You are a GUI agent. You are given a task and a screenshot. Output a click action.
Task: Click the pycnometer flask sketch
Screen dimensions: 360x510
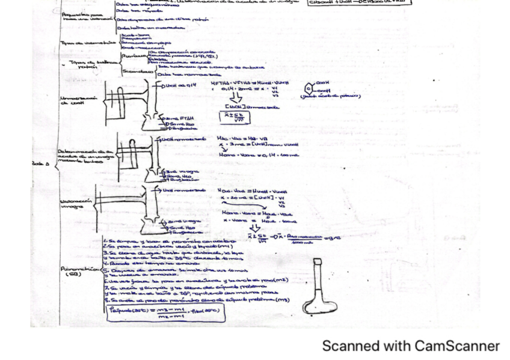319,289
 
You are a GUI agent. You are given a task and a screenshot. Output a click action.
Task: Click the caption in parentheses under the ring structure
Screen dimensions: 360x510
331,96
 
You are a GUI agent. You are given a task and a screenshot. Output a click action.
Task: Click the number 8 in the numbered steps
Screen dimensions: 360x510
105,299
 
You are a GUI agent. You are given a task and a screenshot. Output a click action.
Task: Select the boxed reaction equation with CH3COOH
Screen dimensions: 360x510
360,2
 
